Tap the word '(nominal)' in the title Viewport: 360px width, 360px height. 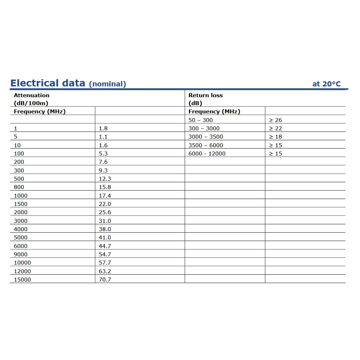107,84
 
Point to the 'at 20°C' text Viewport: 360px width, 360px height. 326,84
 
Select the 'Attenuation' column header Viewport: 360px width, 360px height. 32,95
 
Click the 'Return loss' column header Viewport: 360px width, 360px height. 206,95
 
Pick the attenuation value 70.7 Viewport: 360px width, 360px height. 105,280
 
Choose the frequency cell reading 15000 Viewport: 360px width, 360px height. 22,280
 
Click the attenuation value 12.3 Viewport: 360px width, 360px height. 105,179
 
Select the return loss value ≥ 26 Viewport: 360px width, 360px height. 275,120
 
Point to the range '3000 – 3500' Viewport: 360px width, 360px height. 206,137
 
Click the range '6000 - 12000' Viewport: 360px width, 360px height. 207,154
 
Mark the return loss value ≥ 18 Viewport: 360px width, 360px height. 275,137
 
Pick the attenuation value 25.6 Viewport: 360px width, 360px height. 105,212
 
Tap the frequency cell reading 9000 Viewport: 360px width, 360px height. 21,255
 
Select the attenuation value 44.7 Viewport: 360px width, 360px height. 105,246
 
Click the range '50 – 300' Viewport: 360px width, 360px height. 201,120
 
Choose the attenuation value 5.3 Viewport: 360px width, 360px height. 103,154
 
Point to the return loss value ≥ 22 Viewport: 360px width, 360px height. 275,129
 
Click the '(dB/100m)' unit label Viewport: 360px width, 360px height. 31,103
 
